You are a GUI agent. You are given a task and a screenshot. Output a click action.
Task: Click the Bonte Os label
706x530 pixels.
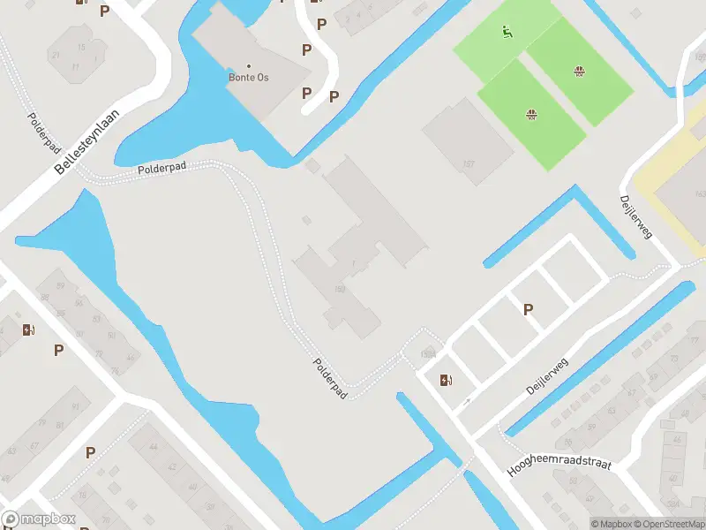pos(250,78)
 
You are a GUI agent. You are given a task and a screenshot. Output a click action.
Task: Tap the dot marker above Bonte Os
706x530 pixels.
pos(249,66)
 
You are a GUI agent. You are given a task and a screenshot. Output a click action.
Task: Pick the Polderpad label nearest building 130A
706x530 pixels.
pos(330,376)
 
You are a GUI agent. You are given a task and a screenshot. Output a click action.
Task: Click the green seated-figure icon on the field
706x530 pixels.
pos(506,34)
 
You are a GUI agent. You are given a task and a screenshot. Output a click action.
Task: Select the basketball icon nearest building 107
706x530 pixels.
pos(532,113)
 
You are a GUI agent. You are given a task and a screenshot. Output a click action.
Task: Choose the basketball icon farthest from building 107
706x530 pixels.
pos(580,72)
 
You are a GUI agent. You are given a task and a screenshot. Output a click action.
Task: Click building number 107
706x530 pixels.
pos(468,163)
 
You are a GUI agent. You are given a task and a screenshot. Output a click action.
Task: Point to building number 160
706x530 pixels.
pos(339,288)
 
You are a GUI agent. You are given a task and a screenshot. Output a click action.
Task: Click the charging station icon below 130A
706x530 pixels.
pos(445,381)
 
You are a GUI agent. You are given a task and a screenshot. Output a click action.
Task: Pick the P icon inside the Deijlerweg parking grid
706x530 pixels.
pos(529,309)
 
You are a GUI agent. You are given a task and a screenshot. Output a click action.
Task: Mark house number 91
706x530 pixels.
pos(75,406)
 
